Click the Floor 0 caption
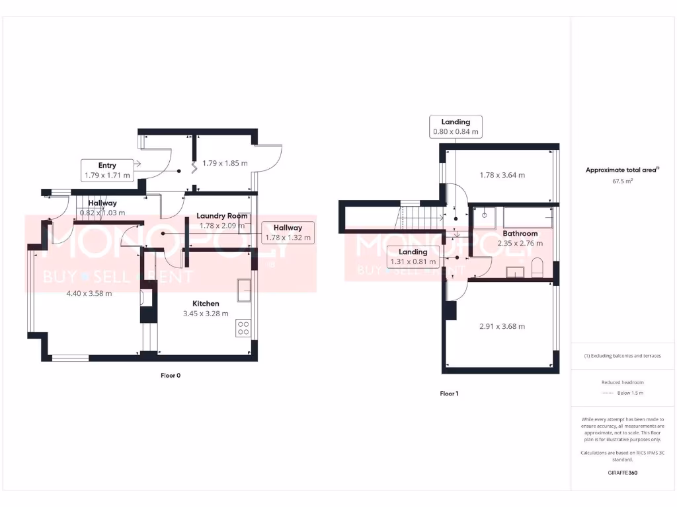point(170,376)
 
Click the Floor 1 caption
point(449,393)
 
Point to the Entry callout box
point(107,170)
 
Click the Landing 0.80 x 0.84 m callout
point(456,127)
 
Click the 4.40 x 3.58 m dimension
point(89,293)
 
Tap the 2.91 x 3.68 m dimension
point(502,326)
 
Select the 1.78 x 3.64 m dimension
point(502,175)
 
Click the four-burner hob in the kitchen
point(243,328)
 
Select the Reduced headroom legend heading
point(622,383)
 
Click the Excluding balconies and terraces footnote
point(622,356)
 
